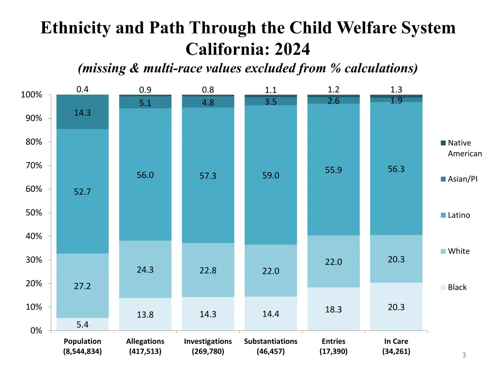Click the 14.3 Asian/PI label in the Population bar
click(x=82, y=113)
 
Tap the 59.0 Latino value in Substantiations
click(x=271, y=175)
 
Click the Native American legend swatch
click(x=443, y=143)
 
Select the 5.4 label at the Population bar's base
click(x=82, y=324)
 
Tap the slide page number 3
click(x=464, y=356)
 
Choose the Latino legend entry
click(x=458, y=215)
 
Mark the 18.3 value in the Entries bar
click(x=334, y=310)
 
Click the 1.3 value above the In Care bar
click(x=396, y=89)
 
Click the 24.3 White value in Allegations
click(x=145, y=270)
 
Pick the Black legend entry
click(x=457, y=287)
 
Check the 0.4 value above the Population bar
click(x=82, y=89)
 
